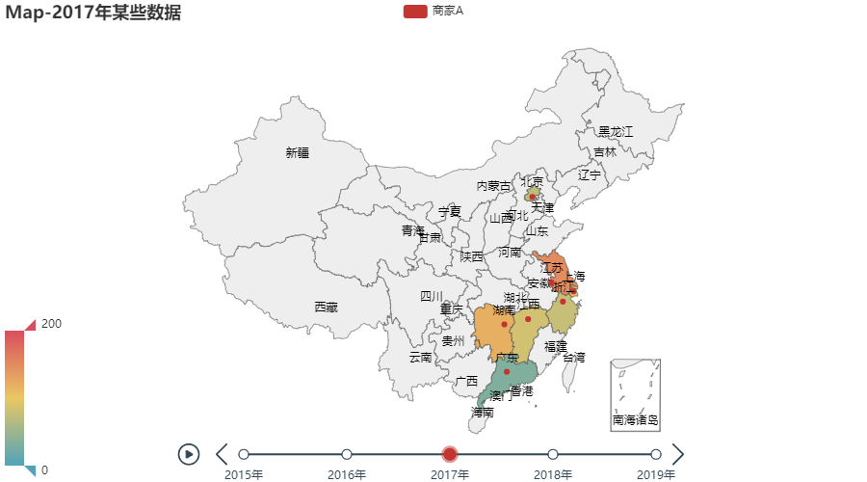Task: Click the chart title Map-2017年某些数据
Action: (x=92, y=13)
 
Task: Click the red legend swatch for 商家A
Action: (x=414, y=11)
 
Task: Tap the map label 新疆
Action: (x=298, y=152)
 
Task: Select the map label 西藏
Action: (x=326, y=308)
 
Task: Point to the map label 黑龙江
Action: (x=616, y=131)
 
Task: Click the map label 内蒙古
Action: (x=494, y=185)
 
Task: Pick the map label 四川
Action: (x=431, y=296)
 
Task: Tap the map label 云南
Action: (x=420, y=358)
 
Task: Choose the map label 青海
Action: (x=413, y=230)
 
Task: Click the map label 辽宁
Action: (x=589, y=175)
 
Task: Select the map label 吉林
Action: (x=605, y=152)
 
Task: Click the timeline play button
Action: (x=189, y=454)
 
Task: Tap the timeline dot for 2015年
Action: (x=244, y=454)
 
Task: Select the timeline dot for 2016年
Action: (x=347, y=454)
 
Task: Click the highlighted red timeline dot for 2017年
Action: (x=450, y=454)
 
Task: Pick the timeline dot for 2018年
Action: (x=553, y=454)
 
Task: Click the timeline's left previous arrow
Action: (x=223, y=454)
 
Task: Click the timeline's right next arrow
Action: (x=678, y=454)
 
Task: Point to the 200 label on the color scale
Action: (x=51, y=323)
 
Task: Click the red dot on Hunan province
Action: (x=504, y=325)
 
